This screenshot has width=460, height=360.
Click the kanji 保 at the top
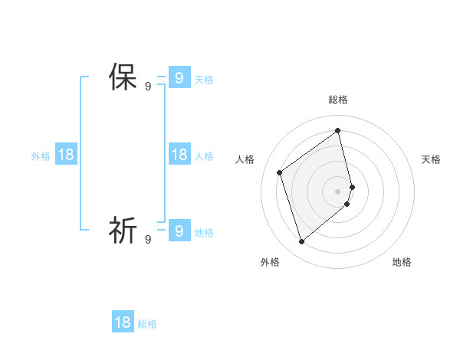tap(123, 77)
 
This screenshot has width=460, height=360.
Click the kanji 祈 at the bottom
tap(123, 230)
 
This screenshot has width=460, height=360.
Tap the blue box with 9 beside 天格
tap(179, 77)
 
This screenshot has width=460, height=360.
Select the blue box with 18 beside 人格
tap(179, 155)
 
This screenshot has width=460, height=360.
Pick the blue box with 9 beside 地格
tap(179, 230)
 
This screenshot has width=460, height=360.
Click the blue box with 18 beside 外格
tap(66, 155)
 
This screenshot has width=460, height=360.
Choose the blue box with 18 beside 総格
tap(123, 322)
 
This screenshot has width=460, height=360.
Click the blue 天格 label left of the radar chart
tap(204, 79)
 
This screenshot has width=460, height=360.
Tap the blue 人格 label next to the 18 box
tap(204, 156)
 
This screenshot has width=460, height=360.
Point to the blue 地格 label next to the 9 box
tap(204, 233)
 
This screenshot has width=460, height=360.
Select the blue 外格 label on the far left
tap(41, 156)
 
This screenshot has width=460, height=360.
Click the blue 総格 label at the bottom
tap(147, 324)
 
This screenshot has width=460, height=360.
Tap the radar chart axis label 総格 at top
tap(338, 100)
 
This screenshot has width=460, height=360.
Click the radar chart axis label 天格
tap(431, 159)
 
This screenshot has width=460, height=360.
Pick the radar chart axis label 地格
tap(402, 262)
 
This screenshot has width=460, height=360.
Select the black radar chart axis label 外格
tap(270, 262)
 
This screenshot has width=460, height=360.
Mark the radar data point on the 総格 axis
tap(338, 130)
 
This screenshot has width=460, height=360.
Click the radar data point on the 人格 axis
tap(280, 172)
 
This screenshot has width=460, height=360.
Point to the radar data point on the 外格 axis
tap(302, 242)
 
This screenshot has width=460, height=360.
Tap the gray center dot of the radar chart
tap(338, 191)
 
